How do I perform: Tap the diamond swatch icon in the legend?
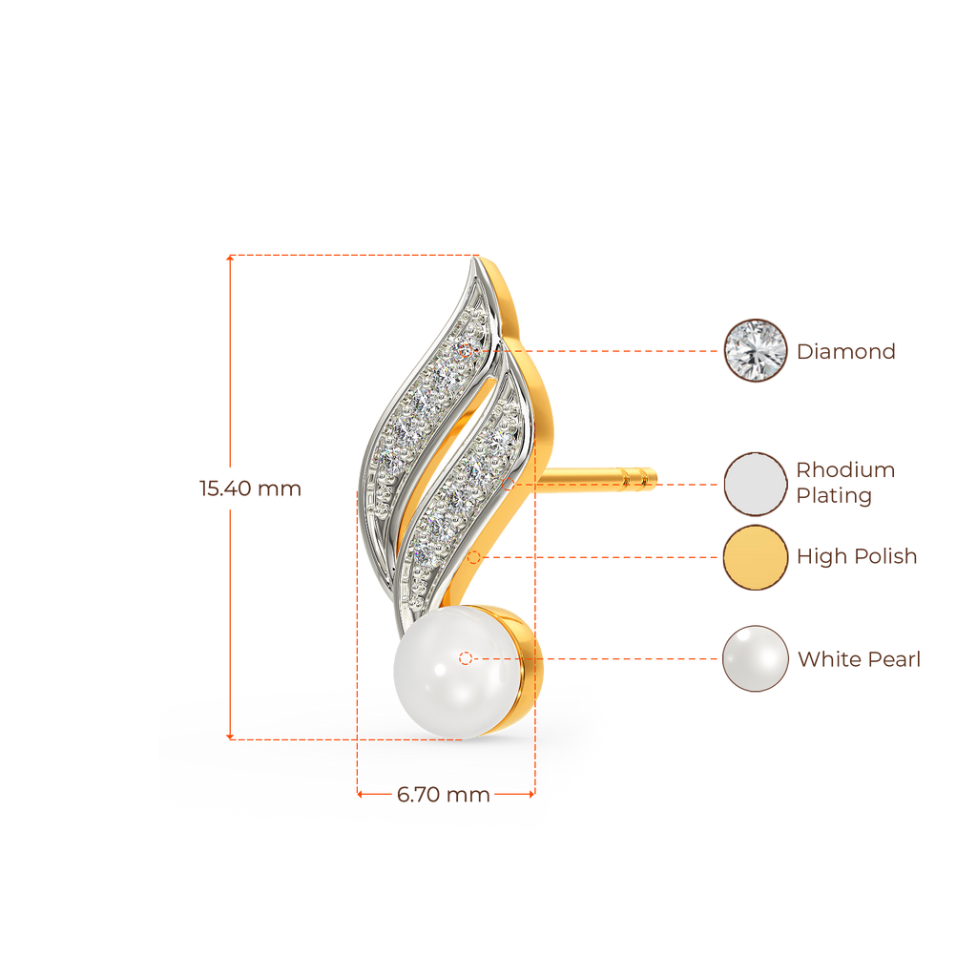755,350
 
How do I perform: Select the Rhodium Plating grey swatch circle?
755,484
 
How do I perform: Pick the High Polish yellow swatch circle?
755,557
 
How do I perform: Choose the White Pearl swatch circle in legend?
755,658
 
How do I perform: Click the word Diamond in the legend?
846,351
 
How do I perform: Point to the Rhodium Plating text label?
845,483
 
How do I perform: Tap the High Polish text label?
857,556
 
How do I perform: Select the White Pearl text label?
859,659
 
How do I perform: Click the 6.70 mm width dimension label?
443,795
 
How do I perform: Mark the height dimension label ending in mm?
250,488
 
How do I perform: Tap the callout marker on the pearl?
466,658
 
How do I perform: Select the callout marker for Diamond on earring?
466,350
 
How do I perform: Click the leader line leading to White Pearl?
620,658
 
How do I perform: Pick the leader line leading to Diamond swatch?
620,350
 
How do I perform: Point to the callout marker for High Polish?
486,556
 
